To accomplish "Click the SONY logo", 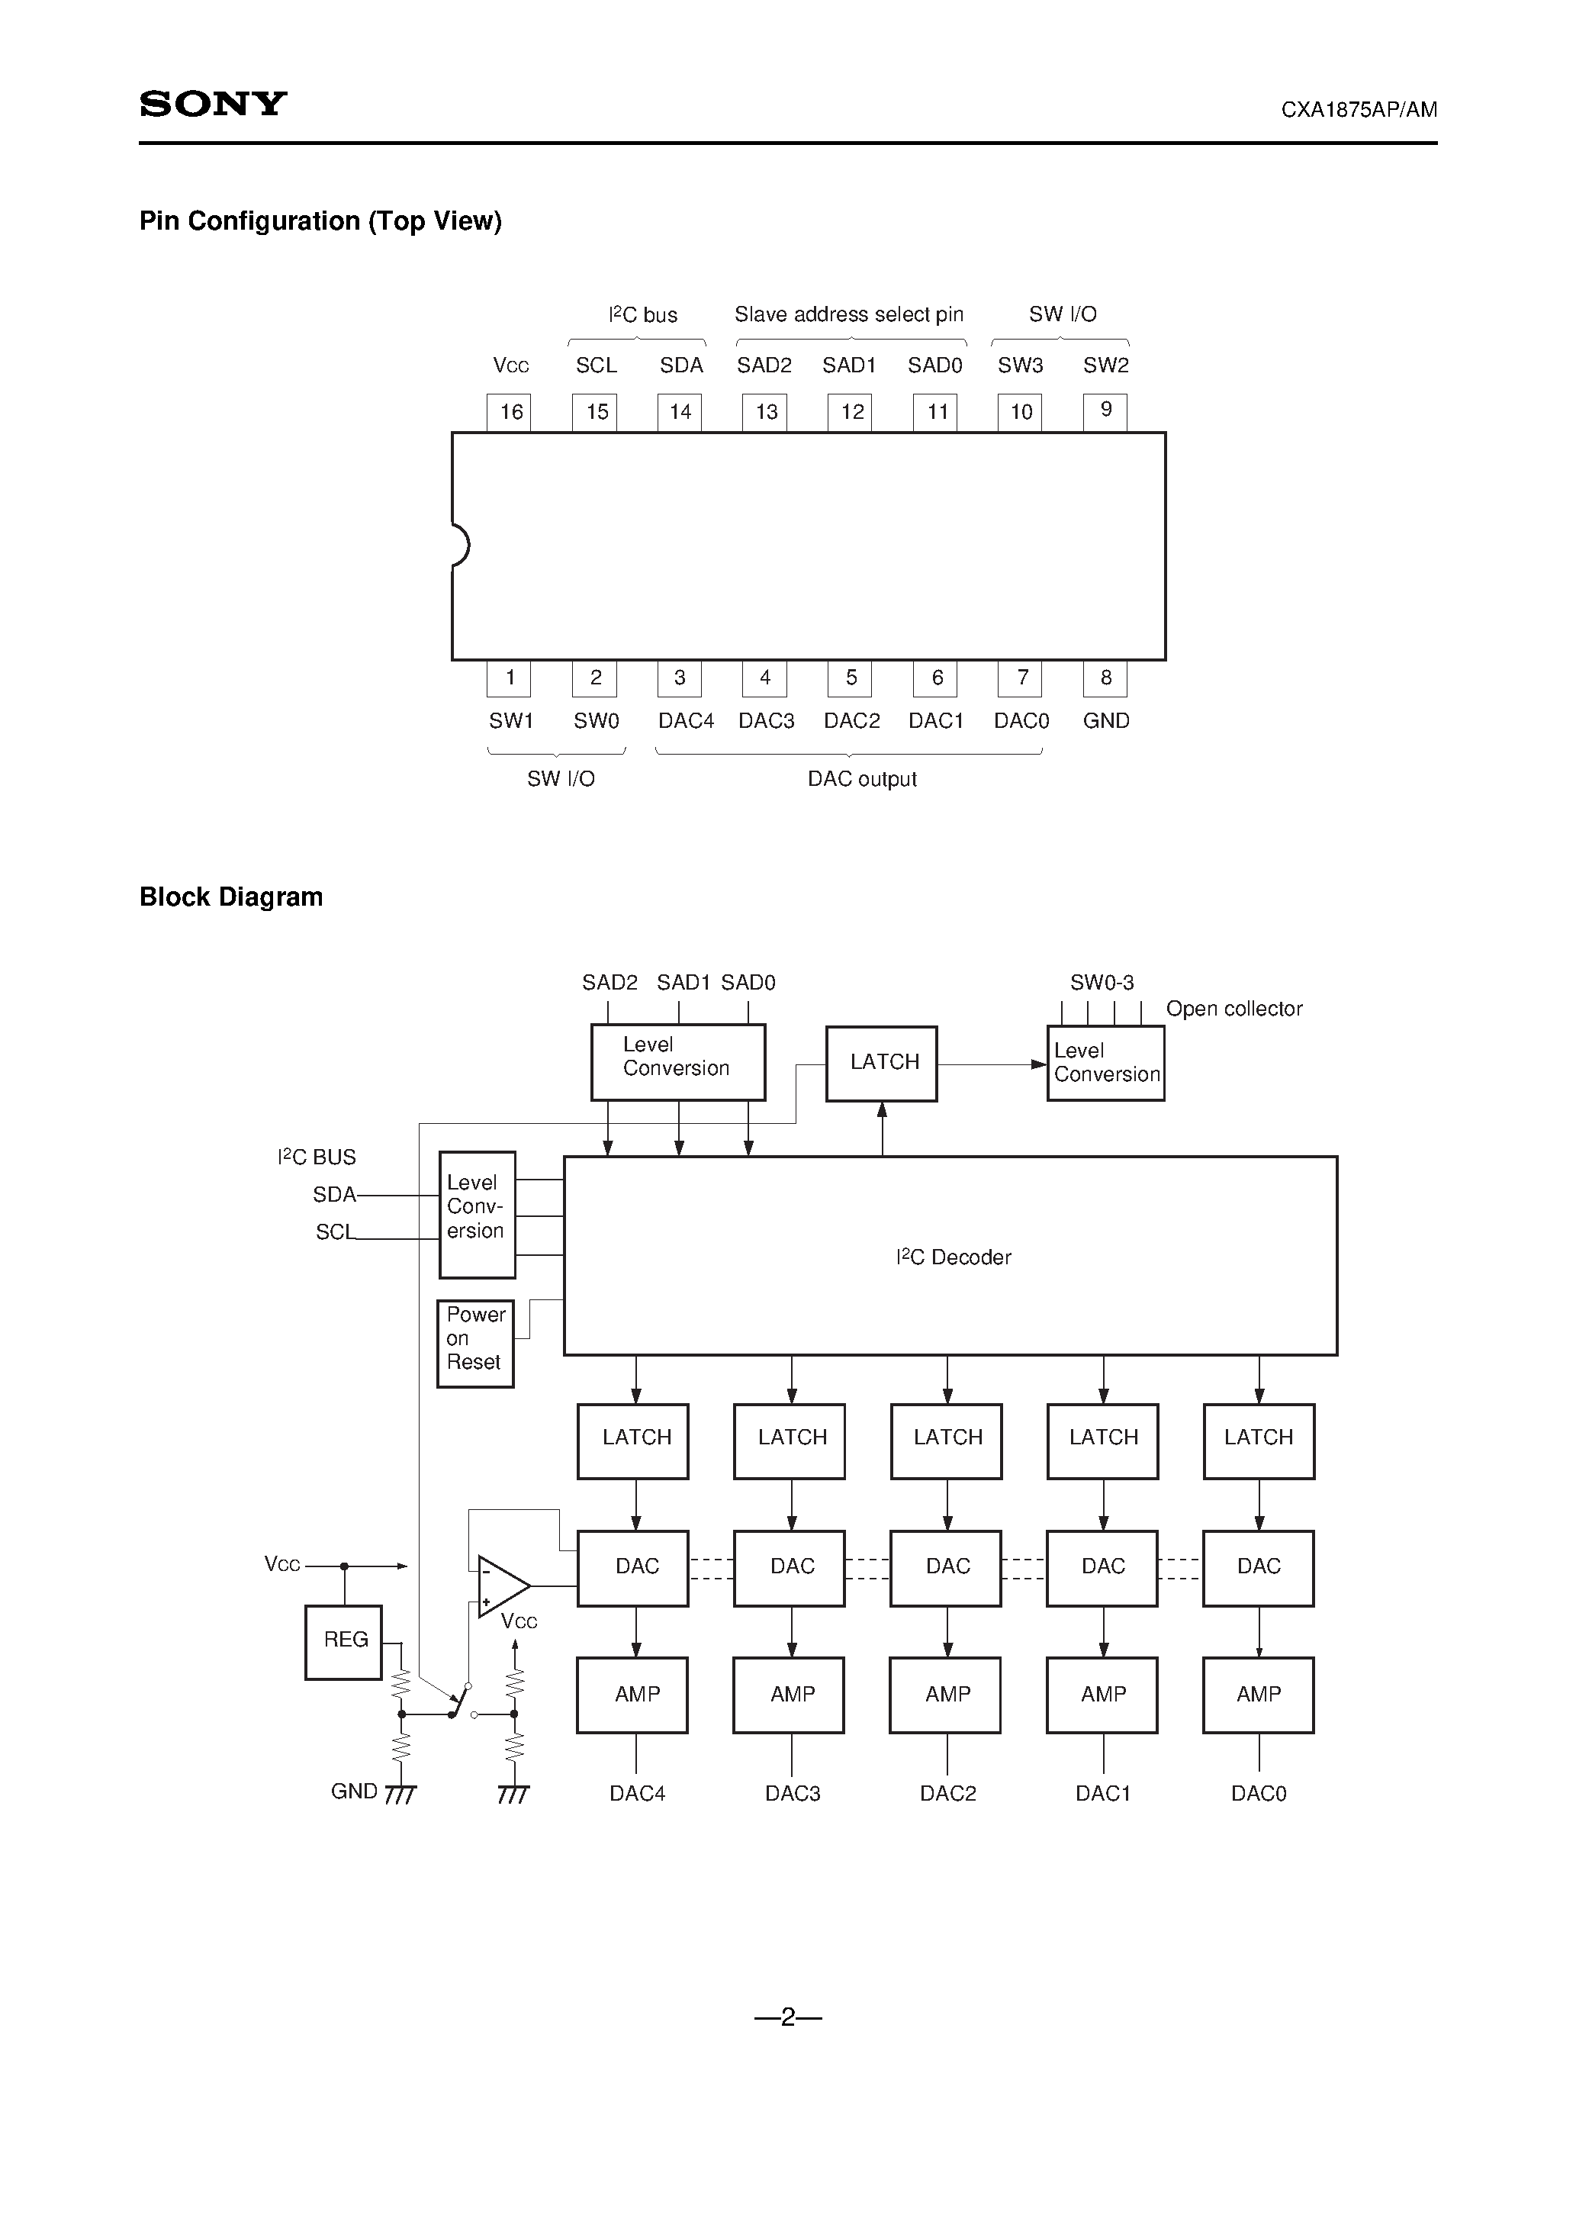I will click(x=213, y=104).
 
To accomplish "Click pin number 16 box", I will click(x=509, y=411).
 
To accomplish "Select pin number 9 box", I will click(x=1105, y=411).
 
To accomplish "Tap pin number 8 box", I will click(x=1105, y=678).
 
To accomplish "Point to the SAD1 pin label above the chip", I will click(x=849, y=365).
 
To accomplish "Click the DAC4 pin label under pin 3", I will click(x=685, y=721).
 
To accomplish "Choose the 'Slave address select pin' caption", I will click(x=848, y=314).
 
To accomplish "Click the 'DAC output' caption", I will click(x=862, y=779).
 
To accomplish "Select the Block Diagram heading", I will click(x=231, y=897).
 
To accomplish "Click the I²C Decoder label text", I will click(x=954, y=1257).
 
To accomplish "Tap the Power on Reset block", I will click(x=475, y=1344).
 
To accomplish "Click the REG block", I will click(x=344, y=1641).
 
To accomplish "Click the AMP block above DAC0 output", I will click(x=1258, y=1695).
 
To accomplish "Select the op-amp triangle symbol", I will click(x=500, y=1587).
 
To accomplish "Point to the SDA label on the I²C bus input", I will click(x=334, y=1194).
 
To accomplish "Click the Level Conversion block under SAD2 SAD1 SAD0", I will click(x=678, y=1061).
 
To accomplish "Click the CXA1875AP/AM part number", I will click(x=1359, y=110).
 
